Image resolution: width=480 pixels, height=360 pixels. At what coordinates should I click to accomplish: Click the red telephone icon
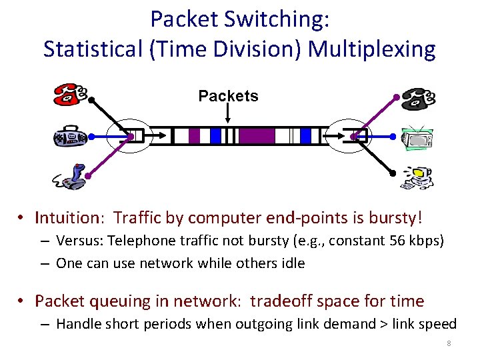69,94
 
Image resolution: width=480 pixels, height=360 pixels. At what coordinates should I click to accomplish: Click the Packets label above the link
228,96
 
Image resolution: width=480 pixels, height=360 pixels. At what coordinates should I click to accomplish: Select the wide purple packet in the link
257,136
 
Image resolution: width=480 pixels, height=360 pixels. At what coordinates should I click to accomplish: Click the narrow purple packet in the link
194,136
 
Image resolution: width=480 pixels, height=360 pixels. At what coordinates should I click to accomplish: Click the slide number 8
449,344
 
